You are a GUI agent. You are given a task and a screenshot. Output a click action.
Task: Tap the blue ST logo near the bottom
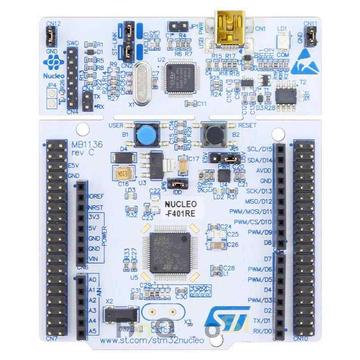click(226, 319)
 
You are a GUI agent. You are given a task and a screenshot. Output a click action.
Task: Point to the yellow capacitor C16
click(122, 173)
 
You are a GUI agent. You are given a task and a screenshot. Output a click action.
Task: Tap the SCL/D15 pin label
click(260, 149)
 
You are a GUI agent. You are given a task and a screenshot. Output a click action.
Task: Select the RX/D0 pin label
click(261, 332)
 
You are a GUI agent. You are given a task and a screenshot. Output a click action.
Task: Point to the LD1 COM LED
click(283, 41)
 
